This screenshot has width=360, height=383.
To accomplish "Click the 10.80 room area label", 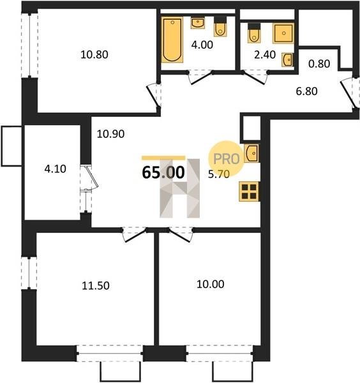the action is pos(94,54).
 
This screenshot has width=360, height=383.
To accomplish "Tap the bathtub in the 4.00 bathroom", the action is pos(172,40).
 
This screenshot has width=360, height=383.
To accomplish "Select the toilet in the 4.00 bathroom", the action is pos(220,27).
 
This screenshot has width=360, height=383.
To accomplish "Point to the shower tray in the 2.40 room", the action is pos(283,33).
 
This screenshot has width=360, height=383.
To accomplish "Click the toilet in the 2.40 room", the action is pos(254,33).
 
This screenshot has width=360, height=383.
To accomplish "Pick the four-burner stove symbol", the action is pos(249,191).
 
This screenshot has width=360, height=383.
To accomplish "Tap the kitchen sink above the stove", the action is pos(251,153).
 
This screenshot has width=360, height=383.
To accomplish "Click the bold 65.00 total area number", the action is pos(163,172).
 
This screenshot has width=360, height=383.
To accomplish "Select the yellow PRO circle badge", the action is pos(226,158).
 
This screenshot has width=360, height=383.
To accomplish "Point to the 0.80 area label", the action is pos(319,64).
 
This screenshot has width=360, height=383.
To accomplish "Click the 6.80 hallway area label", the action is pos(307,91).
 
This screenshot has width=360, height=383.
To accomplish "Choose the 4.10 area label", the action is pos(55,169).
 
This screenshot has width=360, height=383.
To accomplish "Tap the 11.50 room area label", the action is pos(96,285).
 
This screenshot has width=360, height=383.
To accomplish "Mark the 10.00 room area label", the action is pos(210,284).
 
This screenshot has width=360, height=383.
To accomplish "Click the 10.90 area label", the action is pos(110,134).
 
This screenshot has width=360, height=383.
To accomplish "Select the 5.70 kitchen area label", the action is pos(219,174).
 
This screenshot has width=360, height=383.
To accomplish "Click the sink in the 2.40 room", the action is pos(288,59).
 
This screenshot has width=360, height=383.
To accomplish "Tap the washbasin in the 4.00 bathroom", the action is pos(198,23).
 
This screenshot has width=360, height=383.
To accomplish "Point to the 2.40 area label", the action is pos(265,55).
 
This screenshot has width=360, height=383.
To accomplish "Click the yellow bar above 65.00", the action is pos(163,158).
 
